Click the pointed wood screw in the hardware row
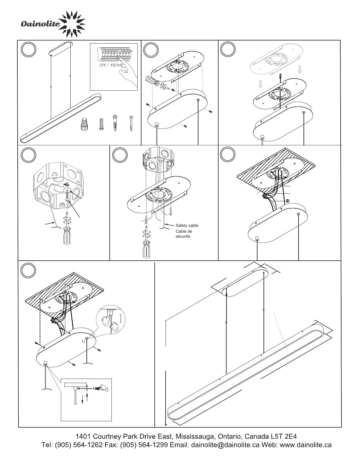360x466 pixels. point(131,123)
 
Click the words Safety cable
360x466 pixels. point(187,226)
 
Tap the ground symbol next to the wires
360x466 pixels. point(287,201)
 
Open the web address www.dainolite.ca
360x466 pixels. point(306,445)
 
